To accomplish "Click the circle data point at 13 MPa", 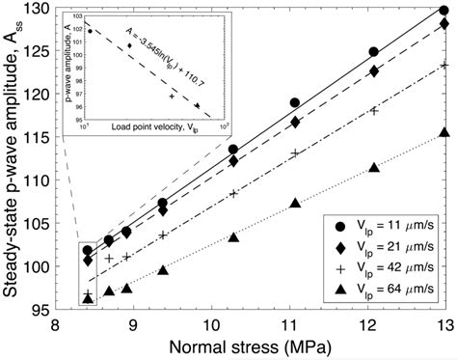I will click(x=444, y=10).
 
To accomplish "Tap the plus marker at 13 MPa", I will click(x=444, y=66).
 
